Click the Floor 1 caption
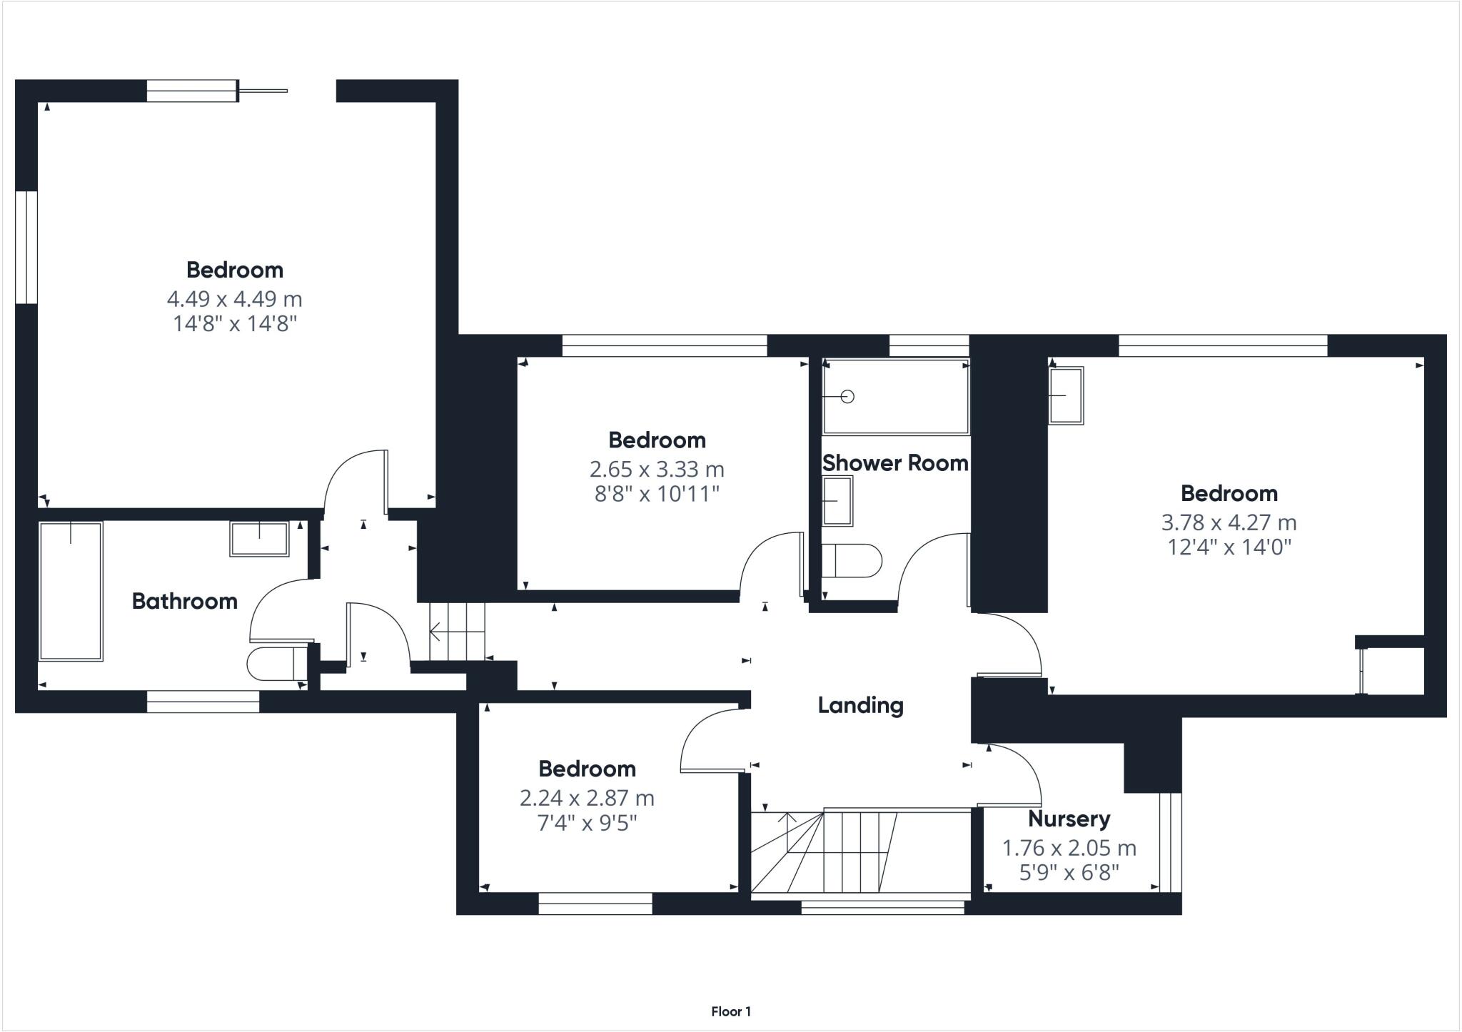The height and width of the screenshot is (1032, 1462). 730,1011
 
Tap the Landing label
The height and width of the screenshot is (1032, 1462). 860,706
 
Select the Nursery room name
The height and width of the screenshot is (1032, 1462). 1069,819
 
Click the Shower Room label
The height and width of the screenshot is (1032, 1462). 895,463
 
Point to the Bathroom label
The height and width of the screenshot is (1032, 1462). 184,602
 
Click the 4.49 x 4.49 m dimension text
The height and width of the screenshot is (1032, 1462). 234,299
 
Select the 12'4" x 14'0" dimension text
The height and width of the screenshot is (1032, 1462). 1229,547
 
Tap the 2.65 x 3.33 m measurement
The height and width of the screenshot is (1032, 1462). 657,470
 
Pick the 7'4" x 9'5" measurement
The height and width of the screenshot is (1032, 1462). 587,823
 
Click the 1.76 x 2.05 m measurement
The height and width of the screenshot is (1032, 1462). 1069,848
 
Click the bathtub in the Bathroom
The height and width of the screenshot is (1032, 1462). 71,591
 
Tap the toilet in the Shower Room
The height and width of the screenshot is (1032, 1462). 851,562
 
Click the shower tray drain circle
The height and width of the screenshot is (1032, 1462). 848,397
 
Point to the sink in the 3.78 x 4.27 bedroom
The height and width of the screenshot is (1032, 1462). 1066,395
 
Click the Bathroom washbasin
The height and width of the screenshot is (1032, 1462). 259,539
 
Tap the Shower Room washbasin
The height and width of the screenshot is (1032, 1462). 837,501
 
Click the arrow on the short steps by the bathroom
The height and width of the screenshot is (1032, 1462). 435,632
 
